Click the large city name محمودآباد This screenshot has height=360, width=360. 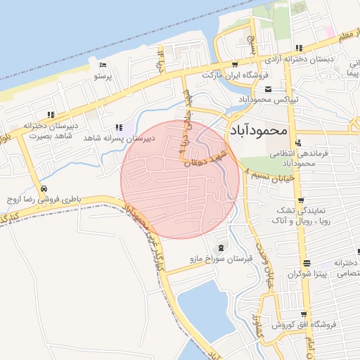click(259, 130)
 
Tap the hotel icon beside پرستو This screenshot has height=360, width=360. click(103, 65)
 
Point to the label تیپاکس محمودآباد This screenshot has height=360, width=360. click(268, 99)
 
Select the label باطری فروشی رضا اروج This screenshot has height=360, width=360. click(45, 200)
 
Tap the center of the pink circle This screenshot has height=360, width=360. click(180, 179)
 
